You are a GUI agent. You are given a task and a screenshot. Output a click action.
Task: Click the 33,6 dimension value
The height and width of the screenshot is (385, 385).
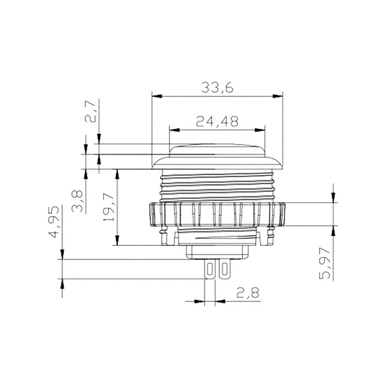[x=217, y=88]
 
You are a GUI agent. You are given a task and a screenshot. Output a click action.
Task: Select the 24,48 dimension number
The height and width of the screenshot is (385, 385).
[x=218, y=121]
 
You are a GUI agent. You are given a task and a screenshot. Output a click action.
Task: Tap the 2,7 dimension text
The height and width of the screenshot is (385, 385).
[x=90, y=111]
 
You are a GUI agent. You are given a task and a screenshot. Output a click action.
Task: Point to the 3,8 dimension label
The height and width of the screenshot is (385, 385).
[x=77, y=201]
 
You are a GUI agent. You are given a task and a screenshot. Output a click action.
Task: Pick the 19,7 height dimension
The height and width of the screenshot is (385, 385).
[x=108, y=207]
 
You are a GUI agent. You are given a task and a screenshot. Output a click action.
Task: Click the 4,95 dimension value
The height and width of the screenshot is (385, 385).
[x=54, y=222]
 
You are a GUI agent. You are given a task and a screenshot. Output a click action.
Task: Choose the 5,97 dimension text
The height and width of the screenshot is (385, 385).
[x=324, y=263]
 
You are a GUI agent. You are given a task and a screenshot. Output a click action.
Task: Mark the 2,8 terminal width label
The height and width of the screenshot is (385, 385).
[x=248, y=293]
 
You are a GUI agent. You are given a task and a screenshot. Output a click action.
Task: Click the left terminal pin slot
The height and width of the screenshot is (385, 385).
[x=210, y=269]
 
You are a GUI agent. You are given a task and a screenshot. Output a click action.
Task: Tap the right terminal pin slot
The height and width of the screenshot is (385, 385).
[x=224, y=269]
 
